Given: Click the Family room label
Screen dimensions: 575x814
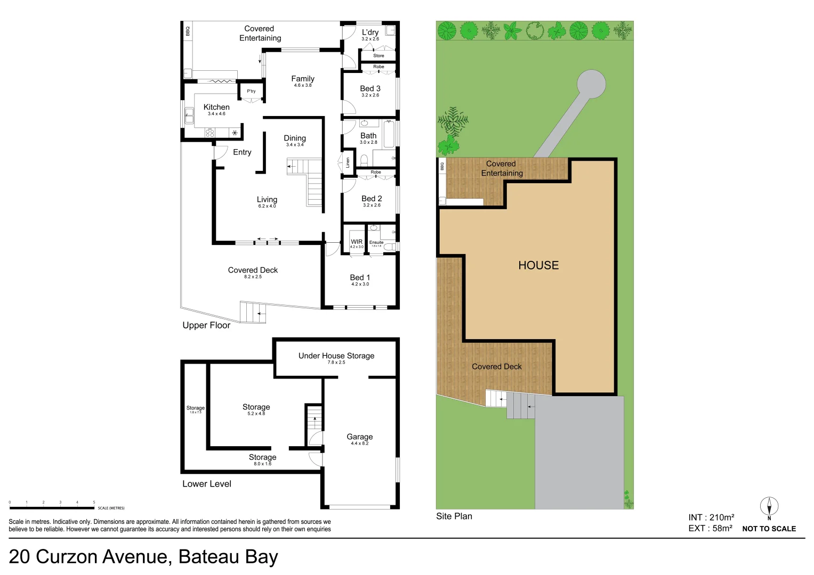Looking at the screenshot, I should [x=302, y=79].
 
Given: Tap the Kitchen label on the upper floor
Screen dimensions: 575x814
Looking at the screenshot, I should [x=216, y=108].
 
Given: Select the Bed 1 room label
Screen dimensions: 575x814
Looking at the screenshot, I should [x=360, y=278].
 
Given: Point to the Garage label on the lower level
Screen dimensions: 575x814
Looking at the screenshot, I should [x=359, y=437].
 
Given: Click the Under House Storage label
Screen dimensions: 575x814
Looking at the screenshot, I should [x=336, y=356].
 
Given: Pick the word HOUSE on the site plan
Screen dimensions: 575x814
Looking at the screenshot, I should [x=538, y=265].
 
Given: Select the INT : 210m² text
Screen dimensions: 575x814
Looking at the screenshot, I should [x=711, y=517].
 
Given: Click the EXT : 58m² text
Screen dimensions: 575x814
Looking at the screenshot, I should [x=710, y=529].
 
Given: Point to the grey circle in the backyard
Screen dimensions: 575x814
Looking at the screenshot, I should [x=591, y=84].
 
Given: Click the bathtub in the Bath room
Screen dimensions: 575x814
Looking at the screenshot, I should [x=389, y=134].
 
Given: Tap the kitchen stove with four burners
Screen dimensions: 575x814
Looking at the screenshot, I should [x=210, y=133].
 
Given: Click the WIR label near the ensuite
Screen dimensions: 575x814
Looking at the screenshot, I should [x=357, y=242].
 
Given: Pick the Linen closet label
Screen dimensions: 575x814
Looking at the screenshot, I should [x=348, y=163].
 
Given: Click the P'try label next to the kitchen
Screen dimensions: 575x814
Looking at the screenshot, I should [x=251, y=91].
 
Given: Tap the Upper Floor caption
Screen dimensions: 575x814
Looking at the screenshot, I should [x=206, y=325].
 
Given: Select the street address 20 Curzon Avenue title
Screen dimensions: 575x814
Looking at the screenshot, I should [x=143, y=557].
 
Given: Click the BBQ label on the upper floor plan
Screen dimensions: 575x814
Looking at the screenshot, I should [x=188, y=31].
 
